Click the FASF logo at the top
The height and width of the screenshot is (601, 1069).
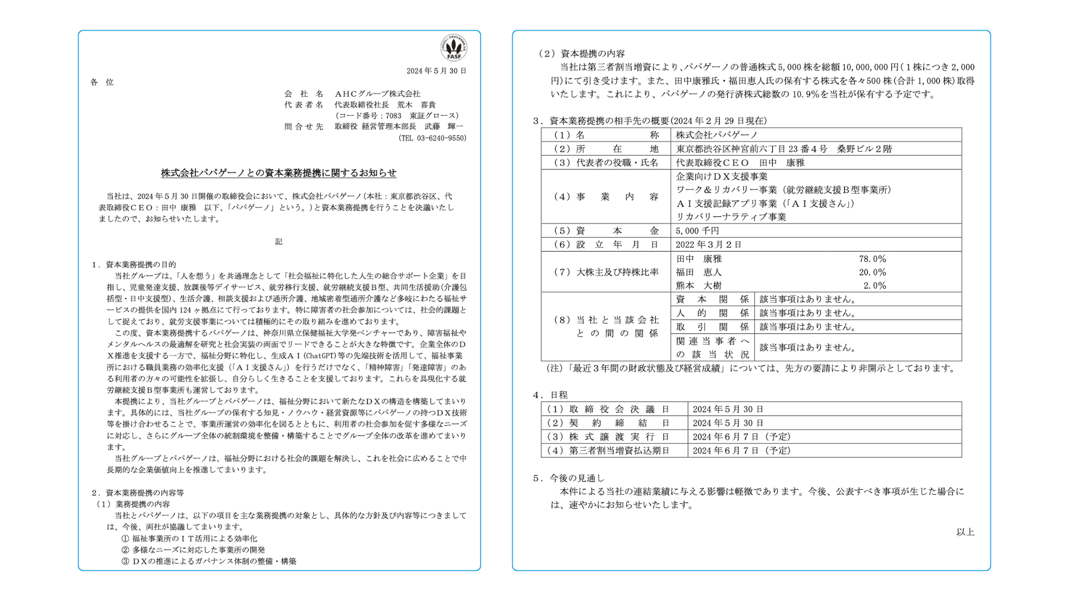click(453, 48)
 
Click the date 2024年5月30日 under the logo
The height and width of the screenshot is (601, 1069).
click(436, 71)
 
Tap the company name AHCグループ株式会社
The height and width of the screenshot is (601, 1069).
click(377, 93)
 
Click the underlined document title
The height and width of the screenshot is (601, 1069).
click(278, 173)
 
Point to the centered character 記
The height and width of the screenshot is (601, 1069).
click(278, 242)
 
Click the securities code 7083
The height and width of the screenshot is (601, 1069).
click(393, 116)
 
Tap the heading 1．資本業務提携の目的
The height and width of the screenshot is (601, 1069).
click(134, 264)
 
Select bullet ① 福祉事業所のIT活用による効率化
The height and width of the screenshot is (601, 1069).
click(189, 539)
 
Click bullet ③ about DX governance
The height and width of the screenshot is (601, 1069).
click(209, 561)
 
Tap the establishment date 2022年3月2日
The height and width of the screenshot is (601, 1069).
click(708, 245)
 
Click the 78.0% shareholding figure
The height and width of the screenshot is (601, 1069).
click(872, 259)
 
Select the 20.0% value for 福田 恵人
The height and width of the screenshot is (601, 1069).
click(872, 273)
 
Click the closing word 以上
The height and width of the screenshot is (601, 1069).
click(965, 532)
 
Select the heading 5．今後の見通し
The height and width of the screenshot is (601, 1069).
click(568, 478)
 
